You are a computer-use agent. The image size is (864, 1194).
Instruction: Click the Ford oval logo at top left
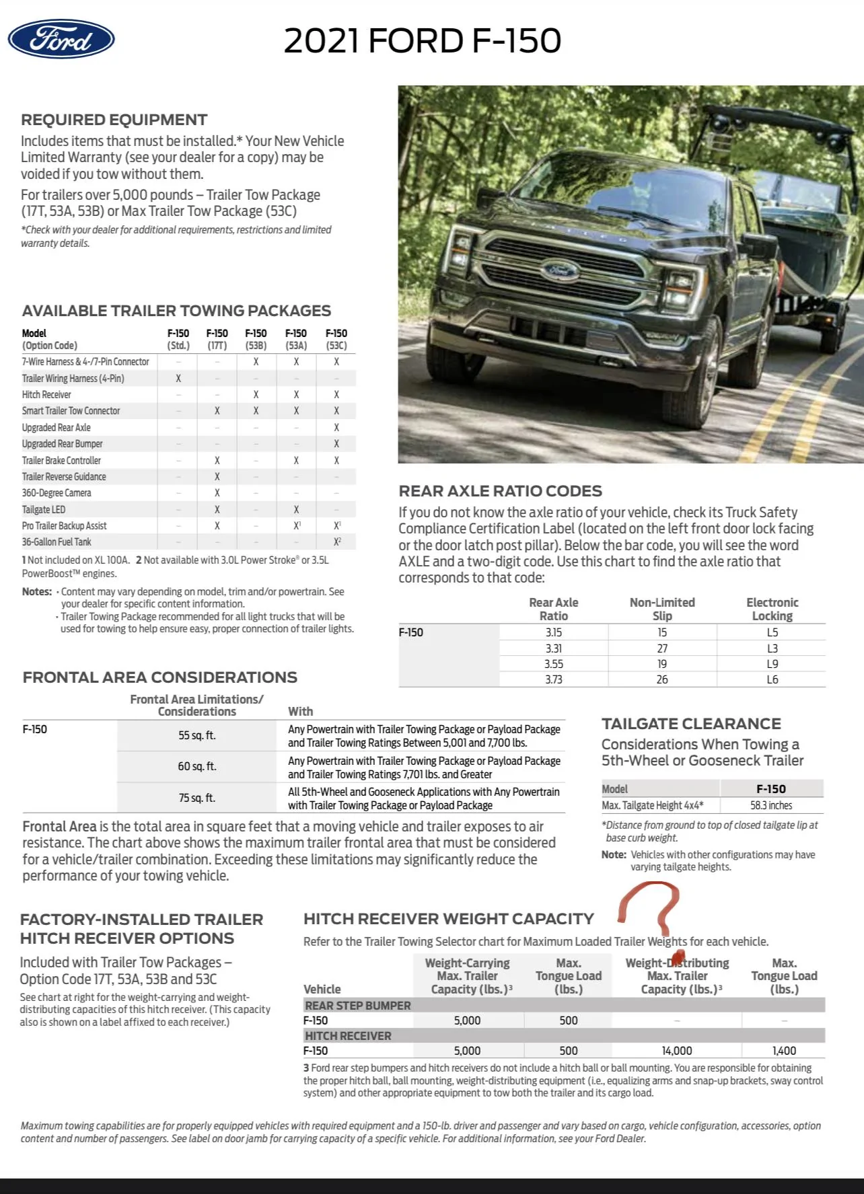[61, 39]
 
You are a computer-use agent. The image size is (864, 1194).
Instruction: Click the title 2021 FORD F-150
[422, 40]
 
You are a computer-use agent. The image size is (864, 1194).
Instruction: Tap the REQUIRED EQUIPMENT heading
[114, 120]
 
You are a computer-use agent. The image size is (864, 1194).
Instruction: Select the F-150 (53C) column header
[336, 339]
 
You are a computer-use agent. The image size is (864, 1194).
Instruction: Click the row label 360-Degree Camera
[57, 493]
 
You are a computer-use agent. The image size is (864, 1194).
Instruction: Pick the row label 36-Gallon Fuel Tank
[57, 542]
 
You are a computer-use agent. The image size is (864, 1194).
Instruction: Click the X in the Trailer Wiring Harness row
[178, 378]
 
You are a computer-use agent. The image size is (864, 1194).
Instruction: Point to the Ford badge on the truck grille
[560, 271]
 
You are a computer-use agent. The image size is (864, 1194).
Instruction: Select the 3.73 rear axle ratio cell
[553, 679]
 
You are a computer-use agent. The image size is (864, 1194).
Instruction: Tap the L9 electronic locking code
[772, 664]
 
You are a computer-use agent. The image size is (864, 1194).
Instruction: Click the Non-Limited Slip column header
[662, 609]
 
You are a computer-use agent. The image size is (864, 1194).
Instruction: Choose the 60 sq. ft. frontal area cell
[196, 766]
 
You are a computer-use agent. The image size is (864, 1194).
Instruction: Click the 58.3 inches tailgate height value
[771, 805]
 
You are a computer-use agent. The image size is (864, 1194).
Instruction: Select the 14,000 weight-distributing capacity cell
[677, 1051]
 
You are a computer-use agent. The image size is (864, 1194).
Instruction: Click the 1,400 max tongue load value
[784, 1051]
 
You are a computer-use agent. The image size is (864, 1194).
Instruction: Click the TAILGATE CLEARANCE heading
[691, 724]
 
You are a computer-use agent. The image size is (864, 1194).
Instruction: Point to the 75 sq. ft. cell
[196, 798]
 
